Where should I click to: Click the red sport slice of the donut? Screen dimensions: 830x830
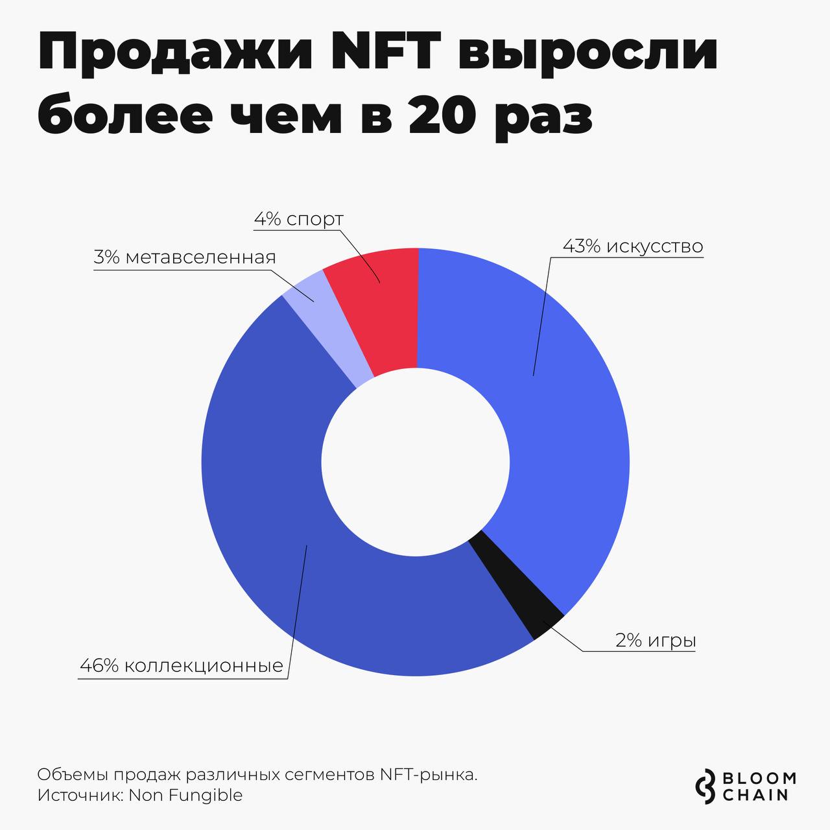pos(379,311)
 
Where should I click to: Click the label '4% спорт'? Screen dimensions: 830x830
pos(298,219)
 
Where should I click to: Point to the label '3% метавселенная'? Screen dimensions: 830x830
pos(185,257)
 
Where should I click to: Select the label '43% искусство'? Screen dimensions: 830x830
pos(633,246)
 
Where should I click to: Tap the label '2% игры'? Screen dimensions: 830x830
pos(656,641)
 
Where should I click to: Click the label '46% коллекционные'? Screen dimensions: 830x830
pos(182,666)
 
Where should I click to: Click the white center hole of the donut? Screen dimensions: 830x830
pos(415,462)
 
